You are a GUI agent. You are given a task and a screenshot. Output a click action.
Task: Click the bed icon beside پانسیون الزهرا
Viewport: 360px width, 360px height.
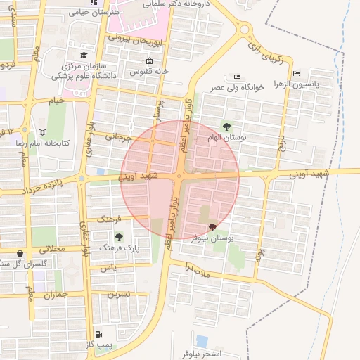click(x=296, y=73)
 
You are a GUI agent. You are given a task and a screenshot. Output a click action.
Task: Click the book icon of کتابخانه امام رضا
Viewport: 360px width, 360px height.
click(x=42, y=132)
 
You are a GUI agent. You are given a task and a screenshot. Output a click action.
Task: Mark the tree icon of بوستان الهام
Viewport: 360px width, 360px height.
click(x=226, y=127)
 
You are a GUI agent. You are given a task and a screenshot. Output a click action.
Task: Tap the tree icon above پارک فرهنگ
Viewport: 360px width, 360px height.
click(x=119, y=236)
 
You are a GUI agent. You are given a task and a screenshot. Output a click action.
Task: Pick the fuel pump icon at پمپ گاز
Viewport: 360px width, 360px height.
click(x=98, y=334)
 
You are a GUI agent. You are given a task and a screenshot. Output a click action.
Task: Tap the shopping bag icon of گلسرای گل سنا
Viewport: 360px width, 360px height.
click(x=20, y=253)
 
